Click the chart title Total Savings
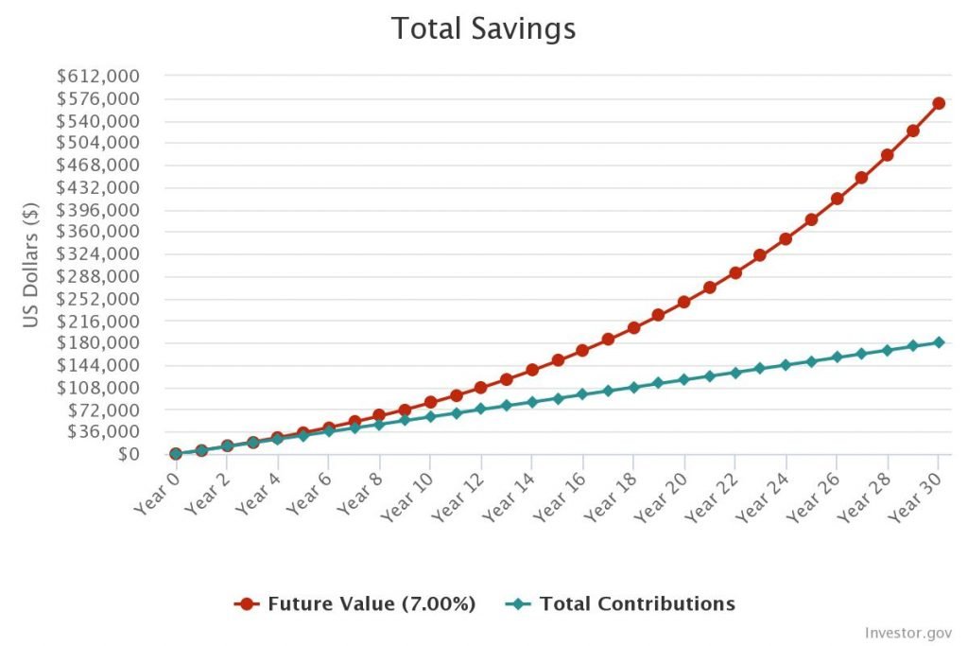483,29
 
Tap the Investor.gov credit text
908,632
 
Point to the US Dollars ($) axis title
32,265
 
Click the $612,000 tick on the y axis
99,77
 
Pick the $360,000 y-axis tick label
99,232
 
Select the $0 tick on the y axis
129,454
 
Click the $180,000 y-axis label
99,343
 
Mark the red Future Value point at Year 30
939,103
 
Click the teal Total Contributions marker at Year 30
939,342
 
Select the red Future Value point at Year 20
683,302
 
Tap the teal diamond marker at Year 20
683,379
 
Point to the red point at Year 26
837,199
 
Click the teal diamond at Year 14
531,402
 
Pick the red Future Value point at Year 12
480,388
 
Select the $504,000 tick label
99,143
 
